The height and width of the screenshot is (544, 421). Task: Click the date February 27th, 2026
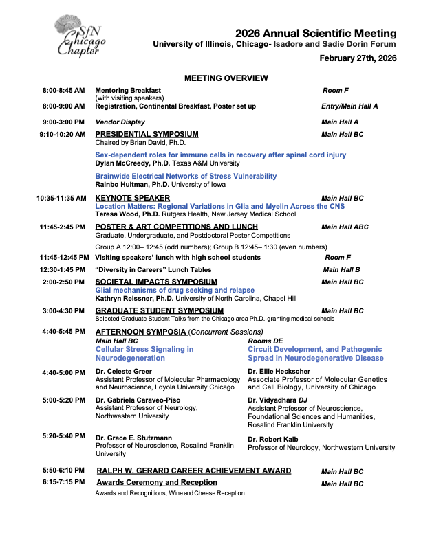point(358,58)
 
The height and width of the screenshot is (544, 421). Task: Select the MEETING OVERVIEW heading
point(226,78)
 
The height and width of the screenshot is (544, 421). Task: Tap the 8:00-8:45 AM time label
point(63,91)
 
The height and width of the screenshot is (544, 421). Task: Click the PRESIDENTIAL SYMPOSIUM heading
point(147,134)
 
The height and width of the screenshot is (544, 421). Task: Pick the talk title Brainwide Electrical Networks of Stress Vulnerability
point(186,177)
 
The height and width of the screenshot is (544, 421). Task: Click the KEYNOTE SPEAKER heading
point(132,198)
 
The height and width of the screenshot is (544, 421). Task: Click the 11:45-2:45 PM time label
point(63,227)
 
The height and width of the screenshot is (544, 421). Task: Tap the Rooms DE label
point(265,341)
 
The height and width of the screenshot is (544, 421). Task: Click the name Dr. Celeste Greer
point(123,372)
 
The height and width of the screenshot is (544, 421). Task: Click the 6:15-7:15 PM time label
point(63,483)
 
